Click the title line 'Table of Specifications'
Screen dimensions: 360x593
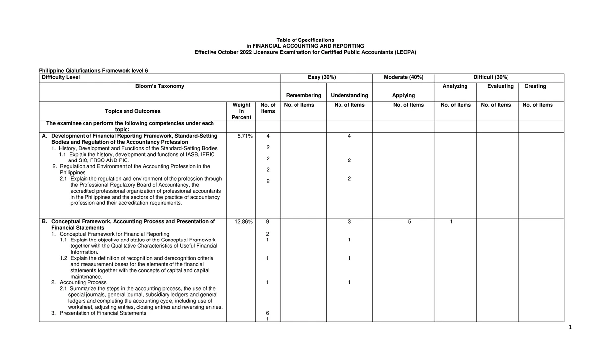pyautogui.click(x=296, y=40)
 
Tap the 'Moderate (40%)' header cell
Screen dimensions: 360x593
pyautogui.click(x=404, y=77)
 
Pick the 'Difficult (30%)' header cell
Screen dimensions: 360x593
pyautogui.click(x=491, y=77)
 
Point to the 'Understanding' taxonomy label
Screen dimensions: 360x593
pyautogui.click(x=349, y=95)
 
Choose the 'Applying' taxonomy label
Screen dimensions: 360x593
pyautogui.click(x=403, y=95)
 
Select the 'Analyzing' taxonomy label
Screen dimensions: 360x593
pyautogui.click(x=455, y=86)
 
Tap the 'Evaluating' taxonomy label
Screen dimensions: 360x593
pyautogui.click(x=500, y=86)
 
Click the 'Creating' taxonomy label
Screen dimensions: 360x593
pyautogui.click(x=535, y=86)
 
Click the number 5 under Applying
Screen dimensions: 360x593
pyautogui.click(x=409, y=222)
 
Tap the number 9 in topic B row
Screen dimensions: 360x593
pyautogui.click(x=267, y=222)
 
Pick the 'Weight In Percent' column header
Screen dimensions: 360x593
pyautogui.click(x=237, y=111)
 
